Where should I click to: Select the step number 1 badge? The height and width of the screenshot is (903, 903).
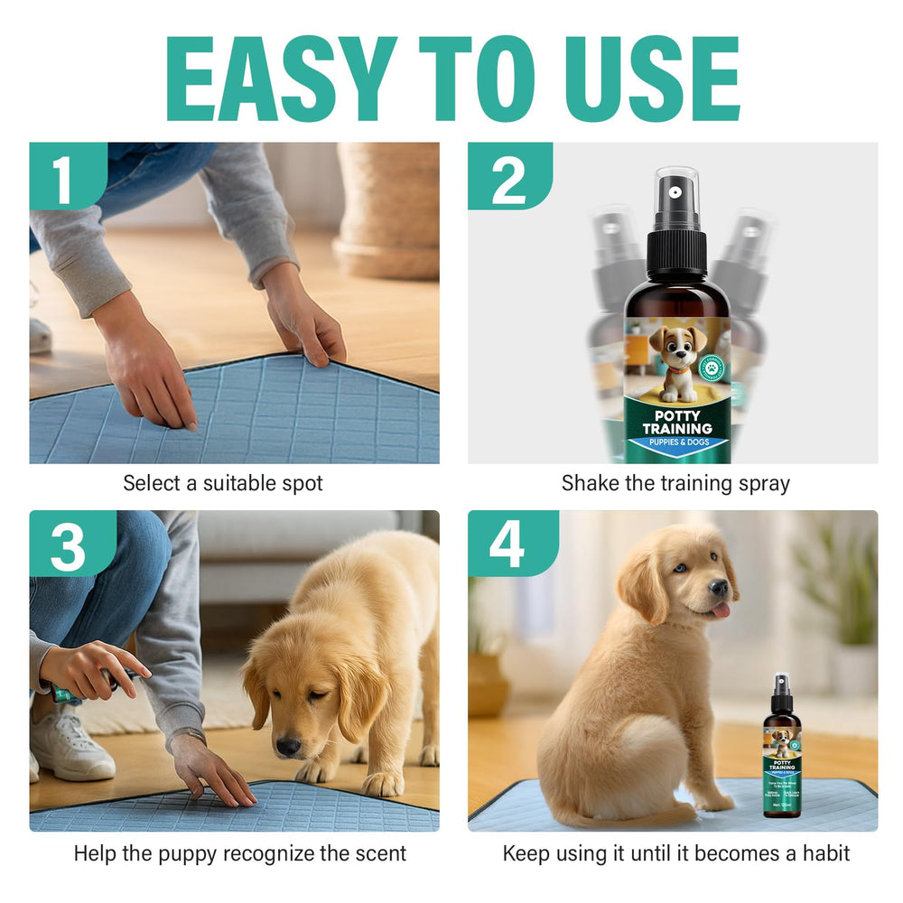coord(63,178)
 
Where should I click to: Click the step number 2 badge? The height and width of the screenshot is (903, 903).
coord(507,178)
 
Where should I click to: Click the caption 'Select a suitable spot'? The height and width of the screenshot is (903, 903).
coord(223,483)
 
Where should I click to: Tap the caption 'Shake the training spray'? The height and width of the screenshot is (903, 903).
coord(675,483)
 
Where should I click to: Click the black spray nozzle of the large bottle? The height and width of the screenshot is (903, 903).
coord(676,226)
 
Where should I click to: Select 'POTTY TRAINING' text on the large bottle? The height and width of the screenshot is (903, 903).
coord(676,422)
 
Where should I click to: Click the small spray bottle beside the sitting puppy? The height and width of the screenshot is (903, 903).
coord(782,749)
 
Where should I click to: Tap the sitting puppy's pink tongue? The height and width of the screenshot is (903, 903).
coord(720,611)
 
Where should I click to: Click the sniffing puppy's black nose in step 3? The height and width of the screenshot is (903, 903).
coord(289,746)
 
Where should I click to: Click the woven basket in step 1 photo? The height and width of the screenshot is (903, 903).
coord(389,208)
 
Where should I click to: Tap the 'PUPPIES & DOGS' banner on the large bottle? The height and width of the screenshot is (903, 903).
coord(676,443)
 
